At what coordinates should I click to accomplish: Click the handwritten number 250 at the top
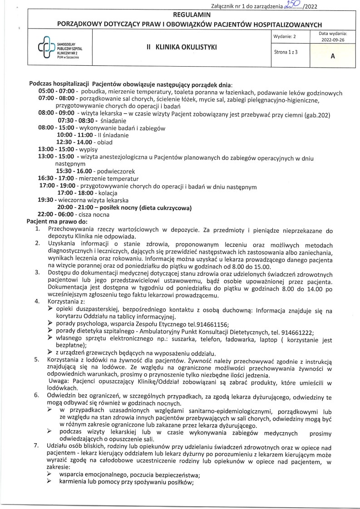click(x=289, y=5)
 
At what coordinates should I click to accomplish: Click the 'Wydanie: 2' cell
click(x=285, y=36)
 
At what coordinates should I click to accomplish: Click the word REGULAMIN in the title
click(x=180, y=15)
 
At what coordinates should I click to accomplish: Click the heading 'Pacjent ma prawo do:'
click(x=57, y=221)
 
